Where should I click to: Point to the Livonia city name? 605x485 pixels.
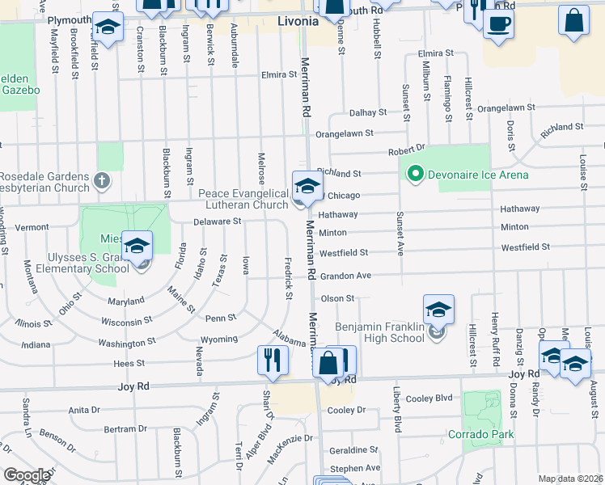click(298, 21)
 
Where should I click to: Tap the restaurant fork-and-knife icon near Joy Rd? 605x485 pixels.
click(273, 361)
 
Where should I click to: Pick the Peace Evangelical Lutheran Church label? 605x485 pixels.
click(243, 199)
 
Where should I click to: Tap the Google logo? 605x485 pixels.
click(27, 475)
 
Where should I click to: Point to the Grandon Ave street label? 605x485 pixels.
click(345, 276)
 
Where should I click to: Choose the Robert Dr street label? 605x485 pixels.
click(406, 150)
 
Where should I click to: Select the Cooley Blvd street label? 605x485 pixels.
click(429, 398)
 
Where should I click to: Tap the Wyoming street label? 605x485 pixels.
click(219, 339)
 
